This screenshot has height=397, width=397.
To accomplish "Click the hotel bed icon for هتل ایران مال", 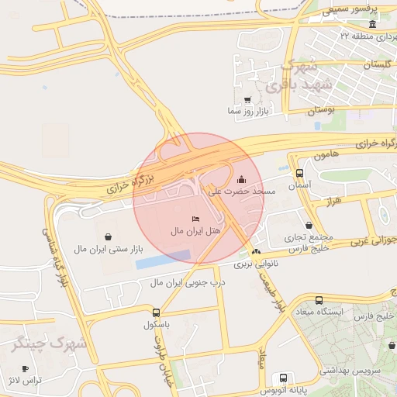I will click(195, 220).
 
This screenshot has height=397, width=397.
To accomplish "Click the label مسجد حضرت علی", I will click(243, 191).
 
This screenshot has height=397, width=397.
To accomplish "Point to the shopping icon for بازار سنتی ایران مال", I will click(107, 236).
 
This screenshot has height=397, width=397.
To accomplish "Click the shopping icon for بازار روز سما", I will click(248, 100).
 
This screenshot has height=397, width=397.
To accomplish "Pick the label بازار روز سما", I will click(247, 112).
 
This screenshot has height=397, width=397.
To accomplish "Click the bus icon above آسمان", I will click(300, 174).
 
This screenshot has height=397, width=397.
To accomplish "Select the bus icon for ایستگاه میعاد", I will click(319, 301).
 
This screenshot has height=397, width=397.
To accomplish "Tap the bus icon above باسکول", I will click(156, 313).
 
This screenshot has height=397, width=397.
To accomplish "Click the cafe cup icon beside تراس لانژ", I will click(26, 369).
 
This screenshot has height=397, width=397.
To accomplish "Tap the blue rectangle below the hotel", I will click(163, 259).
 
